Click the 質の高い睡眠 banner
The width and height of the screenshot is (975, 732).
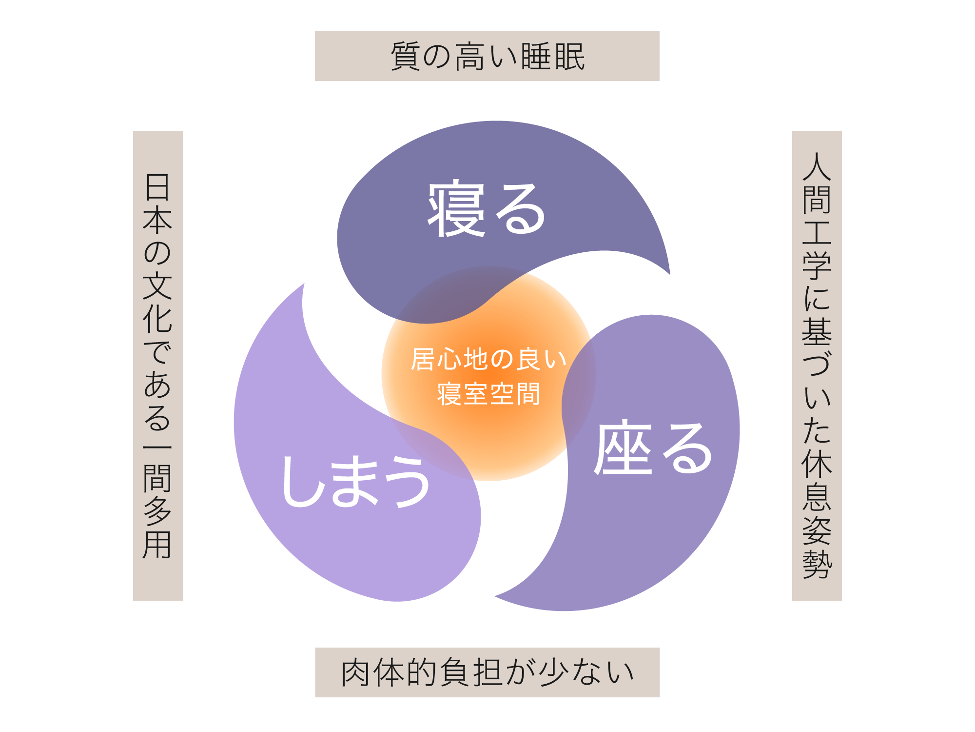pos(487,56)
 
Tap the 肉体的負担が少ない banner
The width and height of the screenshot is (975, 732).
pos(487,672)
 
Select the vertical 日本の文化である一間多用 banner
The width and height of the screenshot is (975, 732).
pos(158,366)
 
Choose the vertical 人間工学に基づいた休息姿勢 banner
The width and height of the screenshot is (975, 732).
pos(817,366)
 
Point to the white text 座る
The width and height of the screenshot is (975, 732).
pos(653,448)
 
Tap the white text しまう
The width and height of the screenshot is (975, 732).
pos(356,482)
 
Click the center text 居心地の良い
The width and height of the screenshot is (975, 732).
pos(488,359)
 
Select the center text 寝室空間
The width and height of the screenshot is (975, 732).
pos(488,394)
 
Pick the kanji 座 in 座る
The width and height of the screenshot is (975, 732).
pos(623,448)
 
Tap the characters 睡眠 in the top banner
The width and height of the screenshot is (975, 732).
pos(553,57)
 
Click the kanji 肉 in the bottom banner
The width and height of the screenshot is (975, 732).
pos(356,672)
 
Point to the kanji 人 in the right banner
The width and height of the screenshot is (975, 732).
pos(817,166)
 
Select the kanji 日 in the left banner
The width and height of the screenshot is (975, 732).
pos(157,187)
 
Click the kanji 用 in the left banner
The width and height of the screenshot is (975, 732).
pos(157,544)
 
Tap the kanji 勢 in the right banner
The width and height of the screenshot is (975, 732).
pos(817,565)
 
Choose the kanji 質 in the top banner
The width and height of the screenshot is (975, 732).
pos(406,57)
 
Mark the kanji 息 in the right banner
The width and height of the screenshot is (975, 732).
pos(817,497)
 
